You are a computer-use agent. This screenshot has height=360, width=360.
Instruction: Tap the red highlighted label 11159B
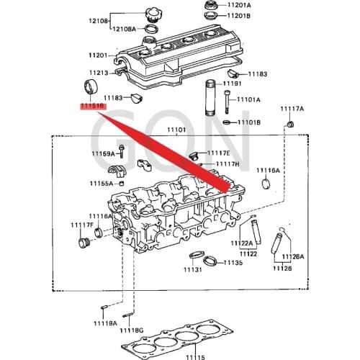point(93,105)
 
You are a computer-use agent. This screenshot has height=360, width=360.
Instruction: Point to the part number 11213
point(98,73)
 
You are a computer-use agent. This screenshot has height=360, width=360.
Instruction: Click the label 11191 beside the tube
point(232,84)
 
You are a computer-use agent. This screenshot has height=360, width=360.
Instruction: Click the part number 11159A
point(103,153)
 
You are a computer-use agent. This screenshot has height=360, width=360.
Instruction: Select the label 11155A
point(102,184)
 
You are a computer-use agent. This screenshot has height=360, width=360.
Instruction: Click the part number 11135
point(233,263)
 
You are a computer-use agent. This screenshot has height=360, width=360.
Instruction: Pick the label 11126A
point(293,256)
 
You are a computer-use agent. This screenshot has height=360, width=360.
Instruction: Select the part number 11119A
point(104,323)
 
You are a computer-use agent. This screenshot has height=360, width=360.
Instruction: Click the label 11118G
point(132,329)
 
